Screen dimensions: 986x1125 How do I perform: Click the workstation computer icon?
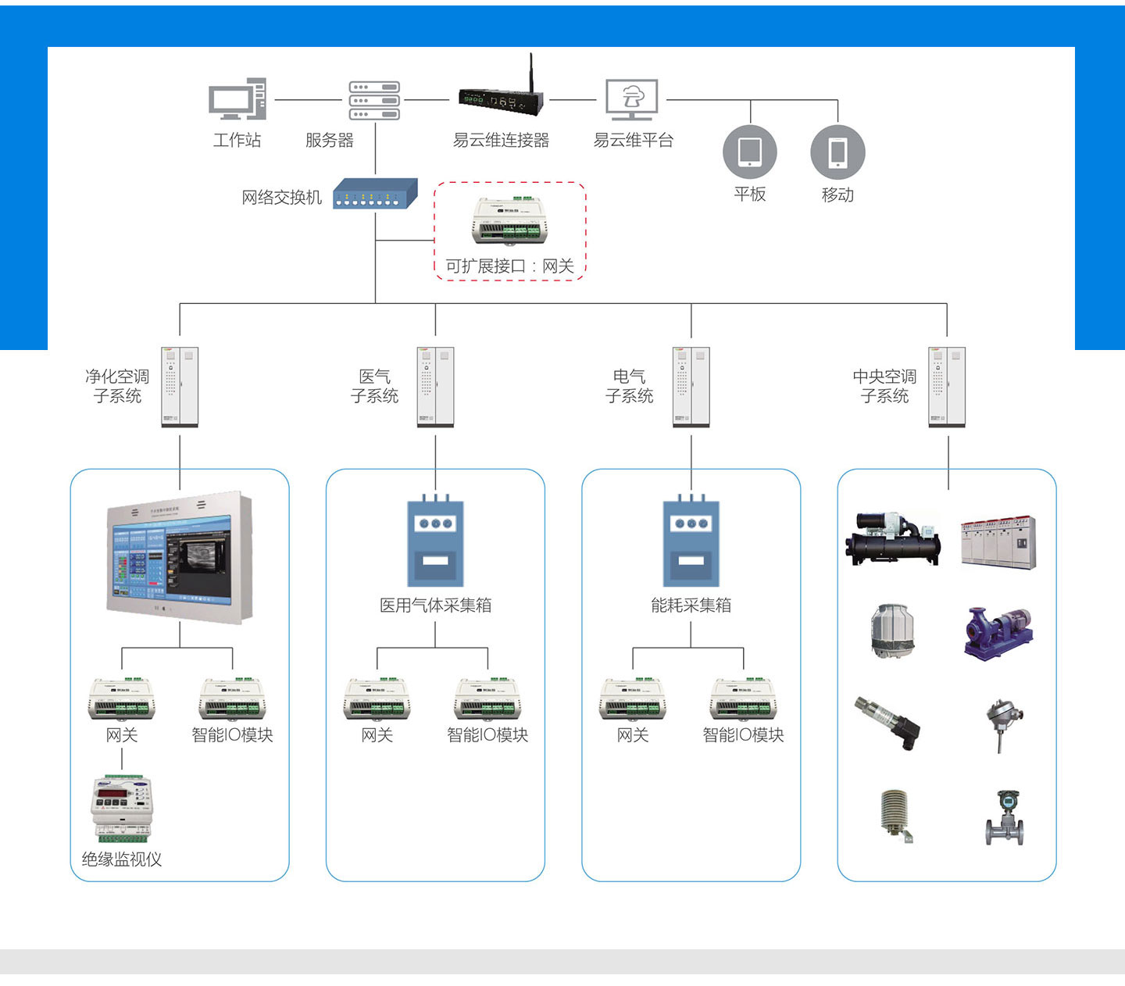237,99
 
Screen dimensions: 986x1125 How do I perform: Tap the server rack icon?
374,100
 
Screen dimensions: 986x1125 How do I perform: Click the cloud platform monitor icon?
632,99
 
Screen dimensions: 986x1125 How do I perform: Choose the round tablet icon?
750,152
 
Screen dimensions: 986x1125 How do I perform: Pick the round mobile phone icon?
837,152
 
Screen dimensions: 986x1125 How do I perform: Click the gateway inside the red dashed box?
509,221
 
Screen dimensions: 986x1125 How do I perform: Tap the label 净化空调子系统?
117,386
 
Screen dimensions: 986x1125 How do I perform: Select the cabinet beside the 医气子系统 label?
435,388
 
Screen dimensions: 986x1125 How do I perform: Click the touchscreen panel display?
179,556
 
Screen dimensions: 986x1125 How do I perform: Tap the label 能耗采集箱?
691,606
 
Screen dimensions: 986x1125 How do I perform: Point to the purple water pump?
998,632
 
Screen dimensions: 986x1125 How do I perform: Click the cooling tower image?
892,631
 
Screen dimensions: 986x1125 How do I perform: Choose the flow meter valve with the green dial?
1004,817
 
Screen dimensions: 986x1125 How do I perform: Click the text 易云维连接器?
501,141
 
